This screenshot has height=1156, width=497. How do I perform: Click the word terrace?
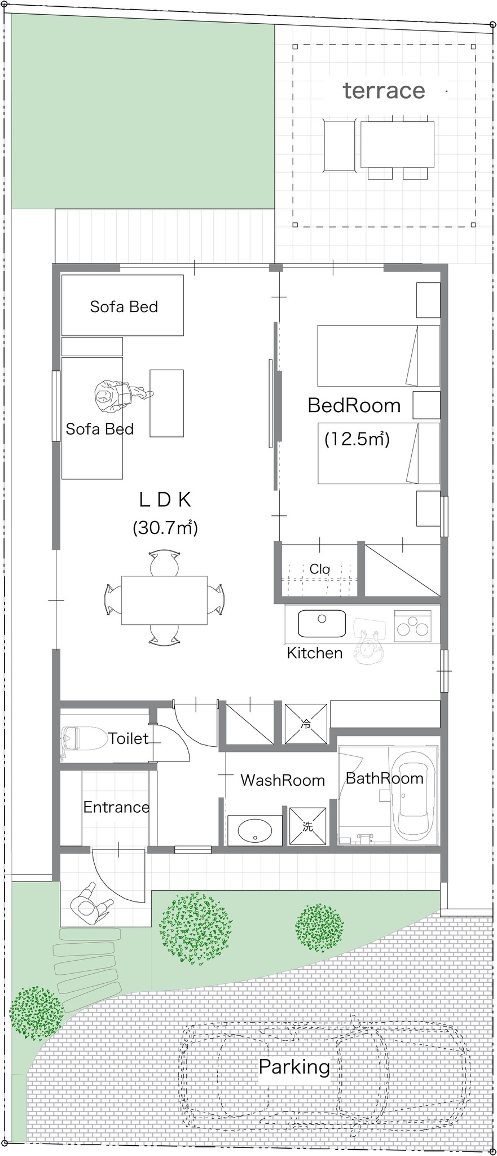click(x=384, y=90)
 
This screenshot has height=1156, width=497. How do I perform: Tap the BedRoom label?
click(x=354, y=405)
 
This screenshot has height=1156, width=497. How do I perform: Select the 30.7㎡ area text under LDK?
click(x=165, y=528)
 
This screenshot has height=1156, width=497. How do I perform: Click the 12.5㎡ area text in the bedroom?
click(x=357, y=439)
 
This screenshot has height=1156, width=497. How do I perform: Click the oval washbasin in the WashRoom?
click(x=254, y=830)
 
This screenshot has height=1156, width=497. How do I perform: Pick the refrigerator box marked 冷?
click(x=306, y=724)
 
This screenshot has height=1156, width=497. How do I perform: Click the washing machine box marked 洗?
click(x=307, y=826)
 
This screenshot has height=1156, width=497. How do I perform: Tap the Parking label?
click(x=294, y=1067)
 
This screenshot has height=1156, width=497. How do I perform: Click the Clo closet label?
click(x=319, y=569)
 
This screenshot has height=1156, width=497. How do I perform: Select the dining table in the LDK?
click(x=164, y=599)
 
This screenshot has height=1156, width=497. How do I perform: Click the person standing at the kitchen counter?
click(x=368, y=645)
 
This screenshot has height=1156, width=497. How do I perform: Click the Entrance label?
click(x=116, y=807)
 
